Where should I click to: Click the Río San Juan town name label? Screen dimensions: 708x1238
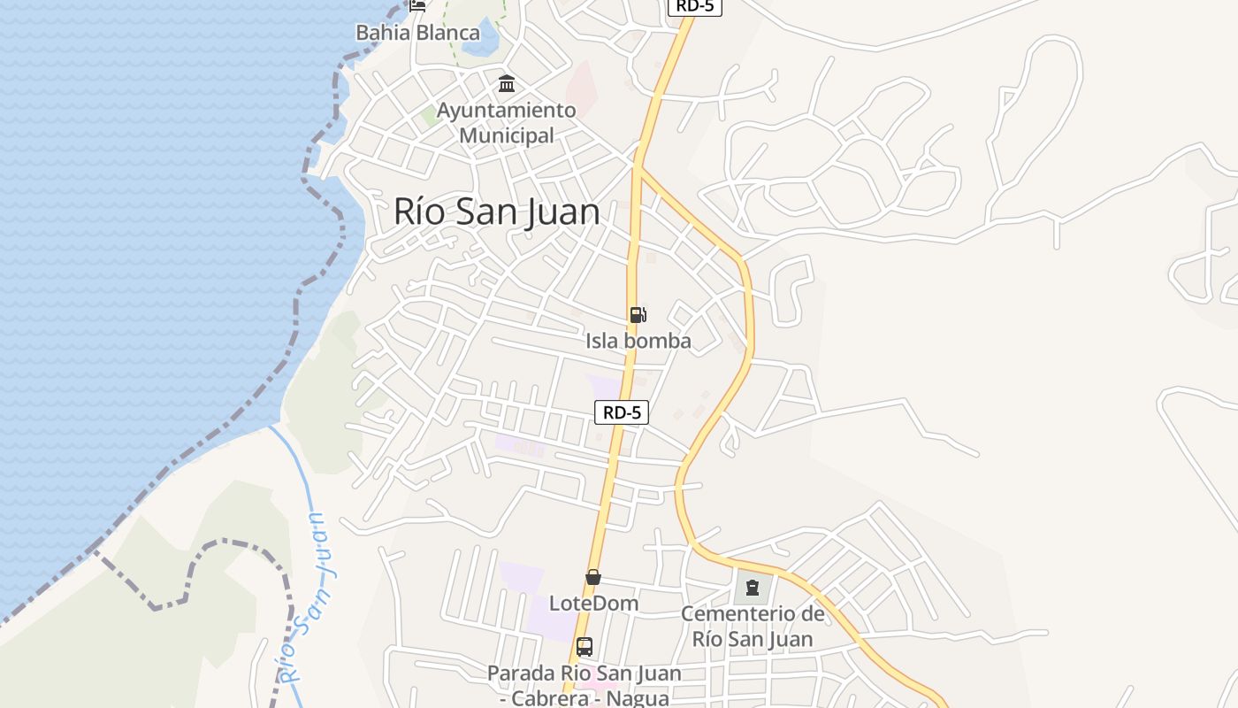[496, 212]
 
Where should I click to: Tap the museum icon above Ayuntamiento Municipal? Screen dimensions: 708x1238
[507, 84]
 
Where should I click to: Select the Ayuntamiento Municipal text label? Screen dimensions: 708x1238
[507, 123]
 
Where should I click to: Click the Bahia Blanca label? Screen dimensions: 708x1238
[417, 33]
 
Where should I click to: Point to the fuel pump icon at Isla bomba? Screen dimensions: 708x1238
[638, 314]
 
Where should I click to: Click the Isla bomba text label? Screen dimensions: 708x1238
[638, 341]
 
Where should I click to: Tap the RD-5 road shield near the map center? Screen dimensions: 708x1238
[622, 412]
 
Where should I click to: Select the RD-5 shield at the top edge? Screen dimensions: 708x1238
[694, 6]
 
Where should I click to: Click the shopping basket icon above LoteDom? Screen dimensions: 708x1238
[593, 578]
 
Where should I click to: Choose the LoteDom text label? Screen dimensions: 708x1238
[593, 604]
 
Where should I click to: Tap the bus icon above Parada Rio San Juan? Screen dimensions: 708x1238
[584, 647]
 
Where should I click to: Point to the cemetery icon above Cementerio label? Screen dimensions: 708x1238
[752, 587]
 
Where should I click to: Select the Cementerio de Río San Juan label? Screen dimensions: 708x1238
[752, 626]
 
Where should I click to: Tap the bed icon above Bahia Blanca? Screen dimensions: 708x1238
[417, 5]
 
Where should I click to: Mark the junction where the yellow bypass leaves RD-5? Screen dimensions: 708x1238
[638, 166]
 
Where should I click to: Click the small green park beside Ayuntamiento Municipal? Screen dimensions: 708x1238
[430, 116]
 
